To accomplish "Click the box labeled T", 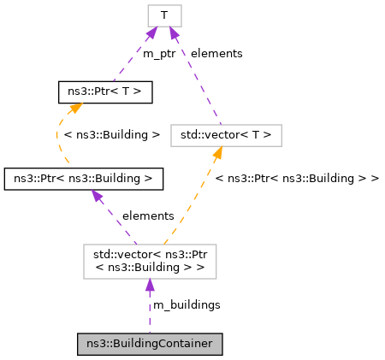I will (164, 15).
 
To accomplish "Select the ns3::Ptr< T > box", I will (104, 91).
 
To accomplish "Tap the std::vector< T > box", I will (226, 134).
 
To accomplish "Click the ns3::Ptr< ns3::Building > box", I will (84, 179).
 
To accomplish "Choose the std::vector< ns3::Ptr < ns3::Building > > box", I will (150, 261).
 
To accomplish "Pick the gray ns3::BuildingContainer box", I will (150, 344).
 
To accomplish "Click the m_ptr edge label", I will (159, 53).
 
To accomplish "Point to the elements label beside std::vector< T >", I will (216, 53).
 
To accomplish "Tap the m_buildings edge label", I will (187, 304).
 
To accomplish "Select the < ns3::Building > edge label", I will (112, 134).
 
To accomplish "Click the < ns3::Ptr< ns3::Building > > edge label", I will (297, 178).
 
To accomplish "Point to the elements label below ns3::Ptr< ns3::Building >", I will (148, 215).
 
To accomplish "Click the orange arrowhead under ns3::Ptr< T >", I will (75, 109).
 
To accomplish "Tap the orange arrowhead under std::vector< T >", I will (217, 152).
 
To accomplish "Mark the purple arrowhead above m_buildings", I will (150, 286).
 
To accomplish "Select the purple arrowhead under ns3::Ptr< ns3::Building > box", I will (98, 197).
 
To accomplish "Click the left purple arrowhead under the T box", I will (151, 33).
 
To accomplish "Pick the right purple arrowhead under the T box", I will (174, 33).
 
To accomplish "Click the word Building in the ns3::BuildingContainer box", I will (137, 344).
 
